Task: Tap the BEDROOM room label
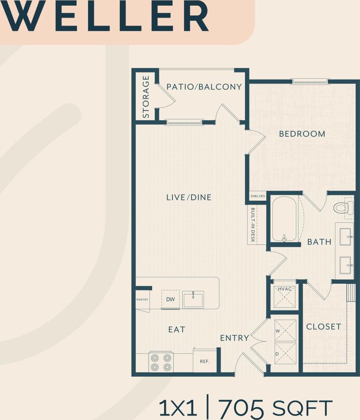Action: (x=302, y=134)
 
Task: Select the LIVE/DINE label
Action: (x=189, y=197)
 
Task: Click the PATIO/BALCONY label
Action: (x=204, y=87)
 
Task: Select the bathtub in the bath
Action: (x=285, y=219)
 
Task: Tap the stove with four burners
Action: (x=161, y=362)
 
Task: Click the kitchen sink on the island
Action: (x=193, y=300)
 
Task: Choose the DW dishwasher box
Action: (x=170, y=299)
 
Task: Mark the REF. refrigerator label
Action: (x=204, y=361)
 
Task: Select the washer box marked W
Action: (x=284, y=330)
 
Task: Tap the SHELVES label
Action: (x=257, y=196)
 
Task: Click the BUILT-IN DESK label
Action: (x=253, y=225)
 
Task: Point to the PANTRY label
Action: (x=142, y=299)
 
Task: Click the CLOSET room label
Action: (x=324, y=327)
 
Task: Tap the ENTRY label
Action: (x=234, y=338)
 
